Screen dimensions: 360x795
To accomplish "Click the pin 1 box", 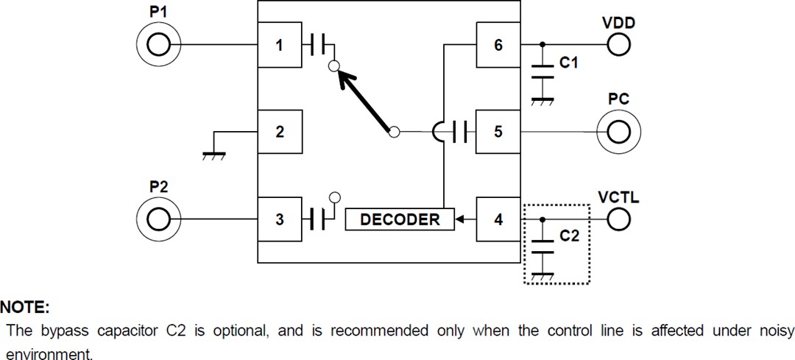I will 279,46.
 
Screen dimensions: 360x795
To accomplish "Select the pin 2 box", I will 279,133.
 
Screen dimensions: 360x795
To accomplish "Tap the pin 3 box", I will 279,219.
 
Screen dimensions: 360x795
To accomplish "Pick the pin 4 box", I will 498,219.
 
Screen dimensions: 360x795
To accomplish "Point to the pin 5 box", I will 498,133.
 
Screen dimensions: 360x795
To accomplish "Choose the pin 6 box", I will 498,46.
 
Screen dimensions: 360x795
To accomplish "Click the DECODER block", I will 400,219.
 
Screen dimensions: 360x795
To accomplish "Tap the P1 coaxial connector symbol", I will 157,46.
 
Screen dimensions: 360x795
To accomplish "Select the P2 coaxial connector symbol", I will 157,219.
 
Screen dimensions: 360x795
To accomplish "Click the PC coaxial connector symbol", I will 618,133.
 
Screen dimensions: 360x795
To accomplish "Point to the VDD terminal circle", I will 618,46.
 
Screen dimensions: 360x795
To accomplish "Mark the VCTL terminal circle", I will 618,219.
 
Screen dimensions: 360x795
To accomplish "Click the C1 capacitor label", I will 568,64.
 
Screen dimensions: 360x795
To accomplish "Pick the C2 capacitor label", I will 568,238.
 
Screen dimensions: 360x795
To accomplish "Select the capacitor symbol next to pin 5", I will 461,133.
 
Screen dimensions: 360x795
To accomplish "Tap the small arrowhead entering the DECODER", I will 460,219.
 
